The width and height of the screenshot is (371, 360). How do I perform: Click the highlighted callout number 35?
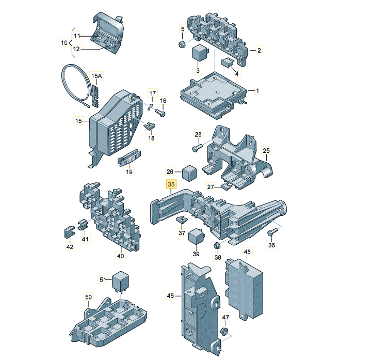pyautogui.click(x=171, y=184)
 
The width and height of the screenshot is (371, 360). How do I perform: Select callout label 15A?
pyautogui.click(x=96, y=76)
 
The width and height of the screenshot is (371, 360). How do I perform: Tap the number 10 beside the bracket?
pyautogui.click(x=64, y=43)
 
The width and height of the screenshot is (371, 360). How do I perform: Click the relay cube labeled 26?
pyautogui.click(x=189, y=173)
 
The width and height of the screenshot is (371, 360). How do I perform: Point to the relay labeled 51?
pyautogui.click(x=120, y=282)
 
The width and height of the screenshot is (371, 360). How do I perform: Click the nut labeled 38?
pyautogui.click(x=217, y=246)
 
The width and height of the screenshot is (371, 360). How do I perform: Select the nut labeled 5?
pyautogui.click(x=182, y=44)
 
